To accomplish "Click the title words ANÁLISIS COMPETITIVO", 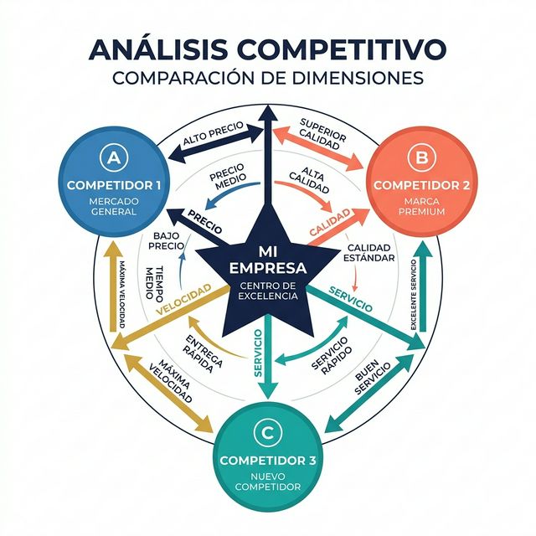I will click(x=267, y=49).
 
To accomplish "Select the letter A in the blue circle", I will click(x=113, y=156).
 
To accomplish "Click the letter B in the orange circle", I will click(x=421, y=156).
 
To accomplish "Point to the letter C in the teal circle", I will click(x=267, y=432).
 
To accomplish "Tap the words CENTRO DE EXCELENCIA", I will click(x=267, y=291).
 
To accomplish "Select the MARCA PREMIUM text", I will click(x=421, y=206).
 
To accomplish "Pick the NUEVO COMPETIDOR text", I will click(x=267, y=482).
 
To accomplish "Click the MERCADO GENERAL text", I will click(x=113, y=206).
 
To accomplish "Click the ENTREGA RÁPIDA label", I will click(x=204, y=353).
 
